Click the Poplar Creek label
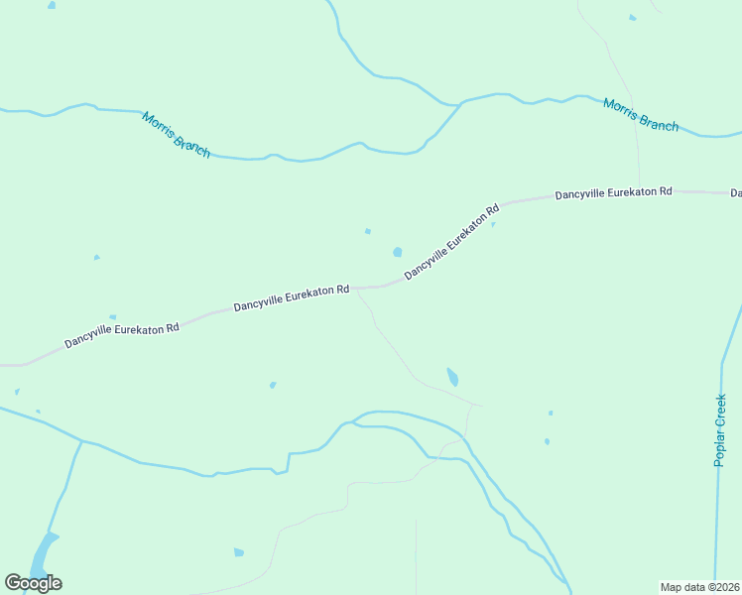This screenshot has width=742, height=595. click(722, 431)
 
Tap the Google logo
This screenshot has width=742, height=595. click(33, 582)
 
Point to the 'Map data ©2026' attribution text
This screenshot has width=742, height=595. click(700, 587)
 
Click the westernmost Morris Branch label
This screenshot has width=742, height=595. click(176, 134)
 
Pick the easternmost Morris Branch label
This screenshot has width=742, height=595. click(641, 114)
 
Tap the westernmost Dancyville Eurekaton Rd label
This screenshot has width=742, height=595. click(122, 335)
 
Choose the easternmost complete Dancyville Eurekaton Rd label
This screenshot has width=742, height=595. click(613, 191)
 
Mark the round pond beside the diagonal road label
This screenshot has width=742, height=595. click(398, 252)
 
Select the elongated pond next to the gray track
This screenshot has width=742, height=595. click(452, 377)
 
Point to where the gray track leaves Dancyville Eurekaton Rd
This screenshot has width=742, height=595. click(358, 290)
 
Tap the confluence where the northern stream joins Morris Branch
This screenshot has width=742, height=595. click(459, 103)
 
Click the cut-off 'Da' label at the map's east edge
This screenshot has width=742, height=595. click(736, 192)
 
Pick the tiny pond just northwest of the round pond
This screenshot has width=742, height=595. click(368, 232)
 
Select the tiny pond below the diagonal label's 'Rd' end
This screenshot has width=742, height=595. click(493, 224)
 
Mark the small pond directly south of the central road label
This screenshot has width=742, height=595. click(273, 385)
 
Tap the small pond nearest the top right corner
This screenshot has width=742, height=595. click(632, 17)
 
